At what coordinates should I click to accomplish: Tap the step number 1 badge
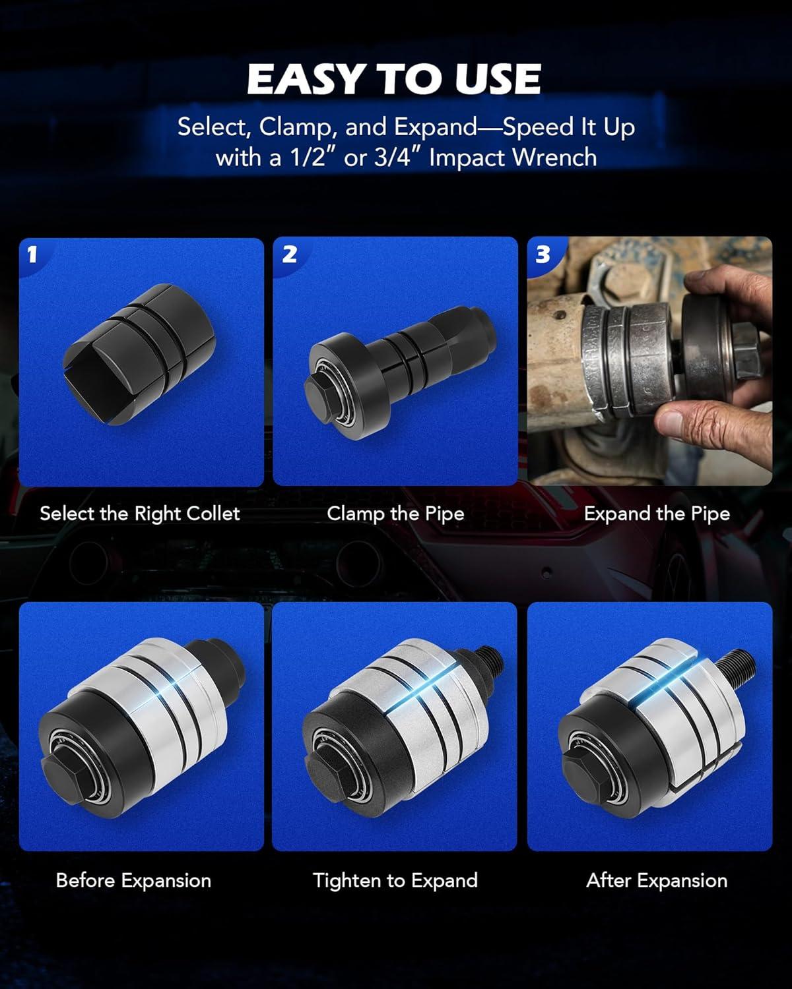click(x=32, y=254)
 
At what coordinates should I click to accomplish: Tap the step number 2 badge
click(x=290, y=254)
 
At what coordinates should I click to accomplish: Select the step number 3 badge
click(x=543, y=254)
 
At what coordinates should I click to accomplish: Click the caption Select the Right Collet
click(x=140, y=514)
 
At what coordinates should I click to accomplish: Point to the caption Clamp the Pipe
click(x=395, y=514)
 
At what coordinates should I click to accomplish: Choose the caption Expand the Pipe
click(x=657, y=514)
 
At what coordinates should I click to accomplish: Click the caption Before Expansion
click(x=133, y=881)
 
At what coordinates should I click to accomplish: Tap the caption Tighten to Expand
click(x=395, y=881)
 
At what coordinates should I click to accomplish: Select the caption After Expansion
click(x=657, y=881)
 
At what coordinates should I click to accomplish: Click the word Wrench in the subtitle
click(x=554, y=158)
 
